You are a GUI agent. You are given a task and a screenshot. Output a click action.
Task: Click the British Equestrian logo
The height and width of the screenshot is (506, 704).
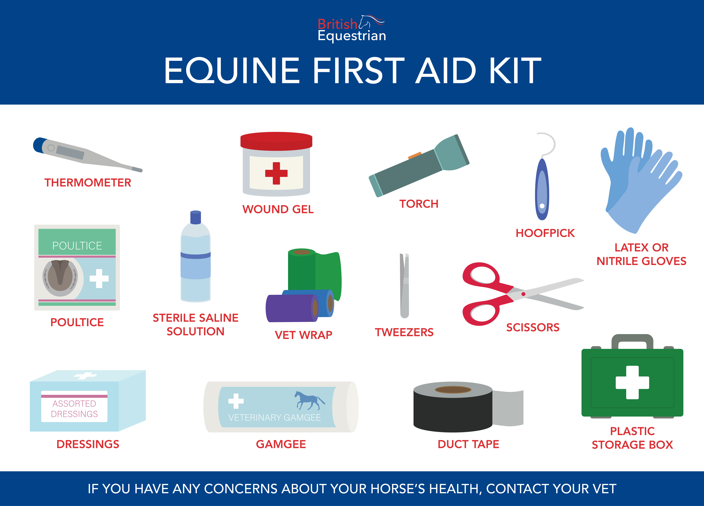click(352, 29)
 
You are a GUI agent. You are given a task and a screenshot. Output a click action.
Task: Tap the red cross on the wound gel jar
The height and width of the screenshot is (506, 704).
click(276, 173)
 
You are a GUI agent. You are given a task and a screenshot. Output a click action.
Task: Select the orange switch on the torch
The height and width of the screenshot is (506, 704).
click(415, 155)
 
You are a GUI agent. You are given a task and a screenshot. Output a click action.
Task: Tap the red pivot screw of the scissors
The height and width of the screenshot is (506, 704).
click(523, 294)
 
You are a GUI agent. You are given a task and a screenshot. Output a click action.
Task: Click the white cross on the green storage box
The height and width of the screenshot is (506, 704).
click(632, 382)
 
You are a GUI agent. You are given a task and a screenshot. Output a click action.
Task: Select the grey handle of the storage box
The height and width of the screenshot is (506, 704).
click(632, 341)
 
